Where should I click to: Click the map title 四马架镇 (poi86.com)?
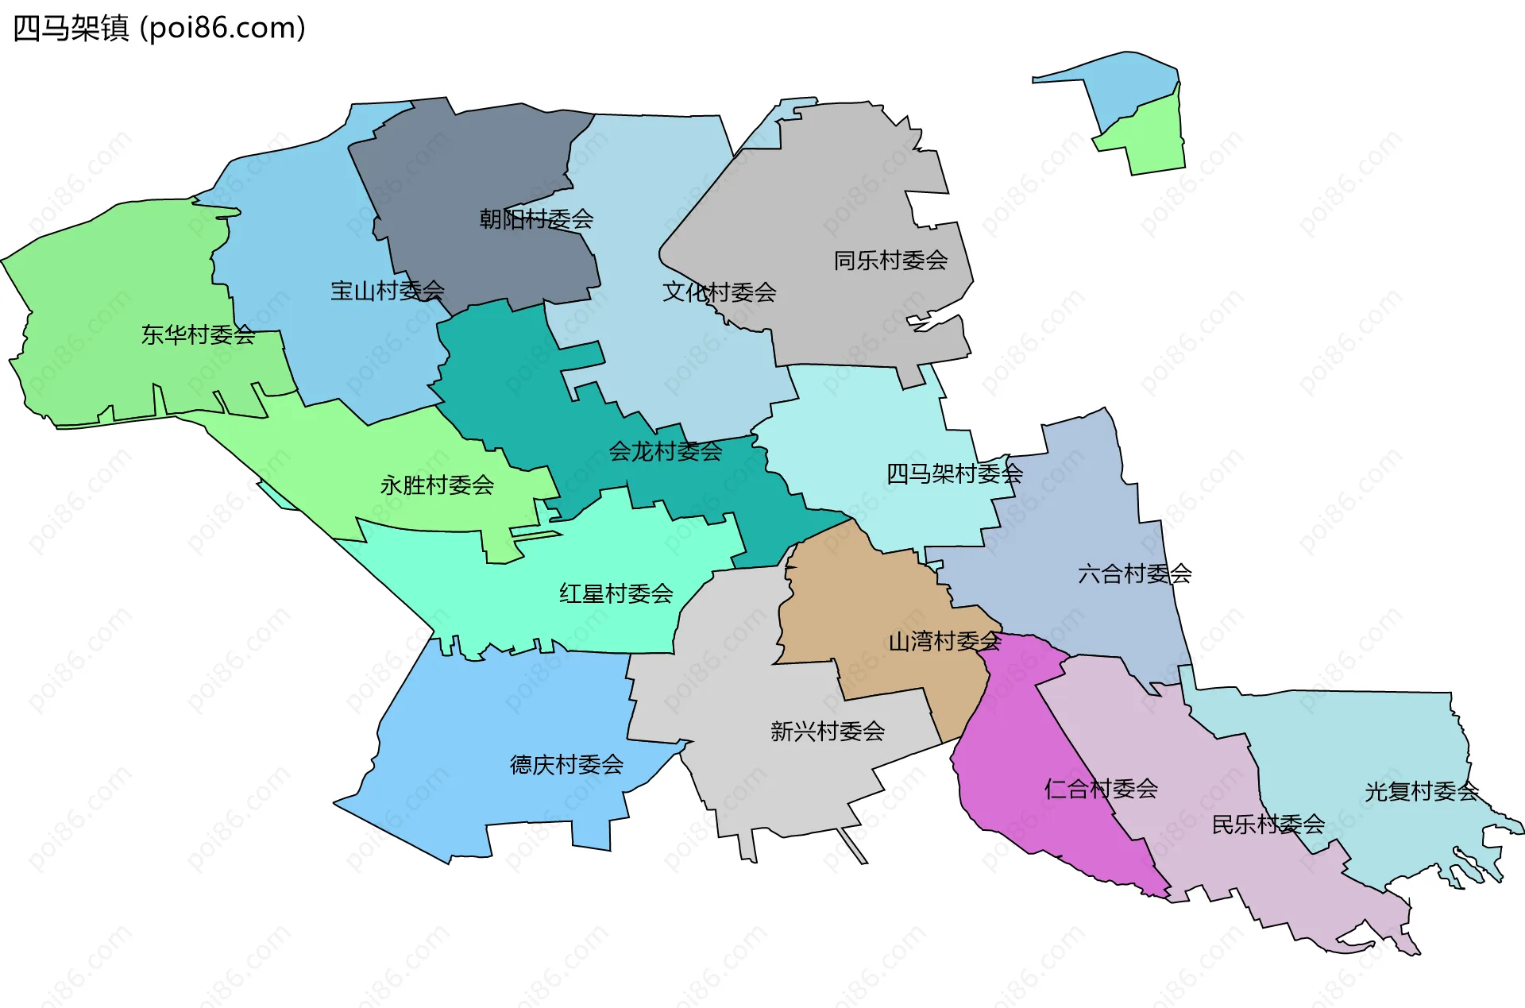pos(159,29)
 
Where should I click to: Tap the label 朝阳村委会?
pos(536,218)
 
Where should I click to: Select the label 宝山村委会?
pos(387,291)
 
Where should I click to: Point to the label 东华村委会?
pos(198,334)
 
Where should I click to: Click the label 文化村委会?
pos(719,292)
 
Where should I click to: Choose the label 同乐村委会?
pos(890,260)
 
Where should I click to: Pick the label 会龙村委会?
pos(665,451)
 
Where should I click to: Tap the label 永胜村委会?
pos(437,485)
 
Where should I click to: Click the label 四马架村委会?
pos(954,474)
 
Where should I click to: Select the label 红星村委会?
pos(616,593)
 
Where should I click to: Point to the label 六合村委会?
pos(1134,574)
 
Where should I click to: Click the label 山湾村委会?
pos(944,641)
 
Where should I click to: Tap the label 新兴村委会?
pos(827,731)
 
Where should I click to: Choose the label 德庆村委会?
pos(566,764)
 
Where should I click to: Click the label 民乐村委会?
pos(1268,825)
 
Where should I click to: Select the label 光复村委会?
pos(1421,791)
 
